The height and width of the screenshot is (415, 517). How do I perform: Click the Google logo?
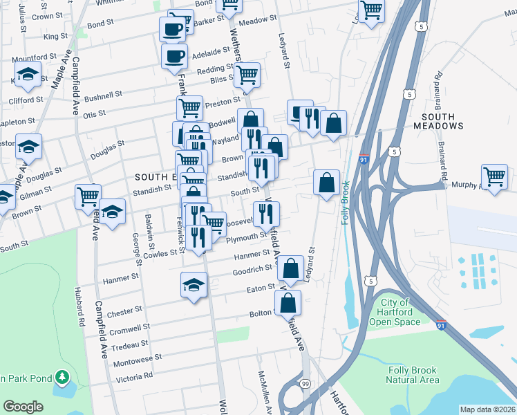tap(23, 407)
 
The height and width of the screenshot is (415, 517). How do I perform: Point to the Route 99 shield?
tap(305, 382)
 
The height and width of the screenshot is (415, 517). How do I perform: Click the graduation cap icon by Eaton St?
tap(194, 284)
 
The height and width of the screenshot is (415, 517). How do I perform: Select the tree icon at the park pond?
tap(63, 378)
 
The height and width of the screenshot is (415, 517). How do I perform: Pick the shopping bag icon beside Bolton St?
tap(288, 303)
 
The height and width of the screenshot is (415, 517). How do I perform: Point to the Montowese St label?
tap(137, 360)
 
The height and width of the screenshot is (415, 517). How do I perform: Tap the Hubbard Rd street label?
tap(79, 307)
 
